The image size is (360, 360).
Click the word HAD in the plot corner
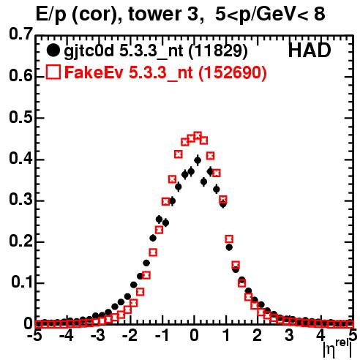[x=310, y=50]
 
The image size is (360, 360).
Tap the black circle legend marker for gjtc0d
[x=53, y=50]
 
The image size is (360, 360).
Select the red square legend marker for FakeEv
[x=53, y=72]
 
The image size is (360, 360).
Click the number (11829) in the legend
[x=218, y=51]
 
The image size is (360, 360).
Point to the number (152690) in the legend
[x=232, y=72]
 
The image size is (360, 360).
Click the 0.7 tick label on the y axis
[x=20, y=34]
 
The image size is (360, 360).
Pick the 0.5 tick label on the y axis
[x=20, y=117]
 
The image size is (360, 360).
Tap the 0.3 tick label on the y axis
[x=20, y=200]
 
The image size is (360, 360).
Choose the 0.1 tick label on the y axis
[x=21, y=282]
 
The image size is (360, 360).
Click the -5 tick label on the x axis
[x=34, y=336]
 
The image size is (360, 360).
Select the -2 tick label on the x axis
[x=130, y=336]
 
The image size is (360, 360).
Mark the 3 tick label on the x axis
[x=290, y=336]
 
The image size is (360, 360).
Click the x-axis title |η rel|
[x=337, y=348]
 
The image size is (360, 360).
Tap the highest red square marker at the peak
[x=198, y=135]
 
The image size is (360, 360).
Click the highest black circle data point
[x=198, y=160]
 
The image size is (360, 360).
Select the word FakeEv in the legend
[x=94, y=72]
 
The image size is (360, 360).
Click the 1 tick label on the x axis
[x=227, y=336]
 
